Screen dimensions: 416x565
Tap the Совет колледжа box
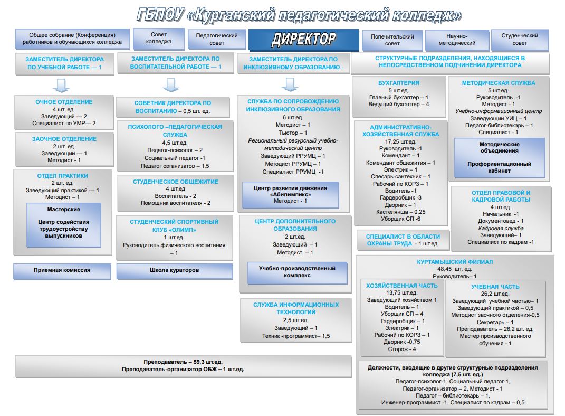coord(159,38)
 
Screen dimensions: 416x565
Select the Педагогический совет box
coord(217,39)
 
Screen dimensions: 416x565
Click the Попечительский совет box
coord(392,40)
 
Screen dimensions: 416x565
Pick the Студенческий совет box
coord(520,40)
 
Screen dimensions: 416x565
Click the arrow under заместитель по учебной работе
coord(62,84)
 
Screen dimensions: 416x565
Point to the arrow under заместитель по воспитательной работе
coord(169,84)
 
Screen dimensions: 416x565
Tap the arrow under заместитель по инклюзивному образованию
coord(289,84)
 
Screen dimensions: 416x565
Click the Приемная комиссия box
coord(62,270)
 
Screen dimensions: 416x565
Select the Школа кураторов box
coord(174,270)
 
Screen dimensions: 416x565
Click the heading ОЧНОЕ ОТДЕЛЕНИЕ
coord(64,102)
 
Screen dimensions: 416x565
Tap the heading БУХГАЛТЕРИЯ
coord(399,83)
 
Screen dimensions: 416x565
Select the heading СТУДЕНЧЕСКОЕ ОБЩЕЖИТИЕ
coord(175,182)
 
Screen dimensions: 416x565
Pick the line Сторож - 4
coord(402,349)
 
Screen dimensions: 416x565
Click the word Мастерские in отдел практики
coord(63,209)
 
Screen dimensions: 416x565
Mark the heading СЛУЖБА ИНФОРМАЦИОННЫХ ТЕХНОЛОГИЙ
coord(295,308)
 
